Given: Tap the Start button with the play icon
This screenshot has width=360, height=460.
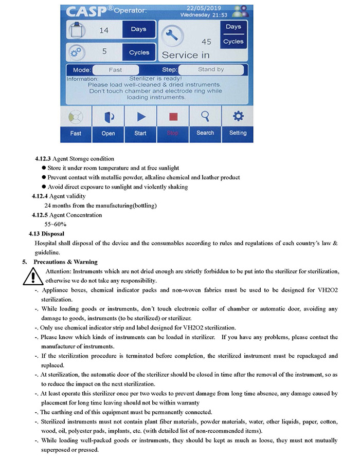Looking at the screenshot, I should [140, 123].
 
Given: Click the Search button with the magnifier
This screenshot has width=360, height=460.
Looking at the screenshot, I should [205, 123].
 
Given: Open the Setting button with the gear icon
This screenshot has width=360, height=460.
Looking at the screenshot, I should [238, 123].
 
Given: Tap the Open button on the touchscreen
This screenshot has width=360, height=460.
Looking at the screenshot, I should [108, 123].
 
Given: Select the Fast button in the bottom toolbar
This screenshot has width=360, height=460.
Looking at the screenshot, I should [76, 123].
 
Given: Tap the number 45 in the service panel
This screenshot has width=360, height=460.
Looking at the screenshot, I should [206, 42].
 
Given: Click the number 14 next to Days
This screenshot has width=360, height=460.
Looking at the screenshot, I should [104, 30].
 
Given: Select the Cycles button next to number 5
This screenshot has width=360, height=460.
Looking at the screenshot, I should [139, 52].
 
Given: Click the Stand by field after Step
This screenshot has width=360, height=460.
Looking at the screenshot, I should [211, 69].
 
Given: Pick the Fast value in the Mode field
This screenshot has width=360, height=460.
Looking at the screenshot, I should [115, 69].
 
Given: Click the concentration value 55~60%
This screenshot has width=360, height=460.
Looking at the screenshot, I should [56, 224].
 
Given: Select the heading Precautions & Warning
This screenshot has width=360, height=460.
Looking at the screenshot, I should [63, 262].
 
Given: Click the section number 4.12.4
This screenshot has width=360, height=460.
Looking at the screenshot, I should [40, 196].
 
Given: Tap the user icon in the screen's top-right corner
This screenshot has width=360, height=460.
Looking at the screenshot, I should [239, 11].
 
